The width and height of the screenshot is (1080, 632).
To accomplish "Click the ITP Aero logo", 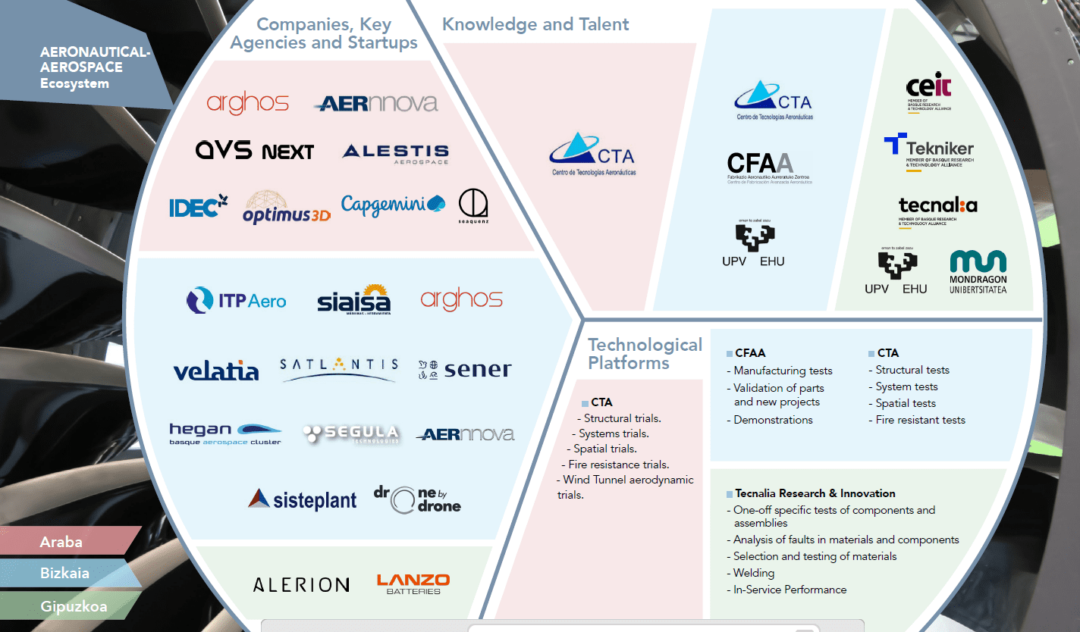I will (x=236, y=301).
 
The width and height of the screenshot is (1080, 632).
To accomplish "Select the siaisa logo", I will (x=353, y=301).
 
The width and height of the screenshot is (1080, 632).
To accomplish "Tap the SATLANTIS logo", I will (x=338, y=370).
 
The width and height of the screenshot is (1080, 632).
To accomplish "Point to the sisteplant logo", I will (x=302, y=499).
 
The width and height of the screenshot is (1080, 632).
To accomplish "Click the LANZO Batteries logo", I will (x=413, y=584).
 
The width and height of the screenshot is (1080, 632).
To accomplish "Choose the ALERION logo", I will (x=301, y=585).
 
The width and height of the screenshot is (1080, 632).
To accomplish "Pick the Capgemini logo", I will (x=393, y=205).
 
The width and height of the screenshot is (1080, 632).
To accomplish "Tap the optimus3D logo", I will (x=286, y=208).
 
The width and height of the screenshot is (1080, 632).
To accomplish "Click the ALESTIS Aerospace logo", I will (x=395, y=154).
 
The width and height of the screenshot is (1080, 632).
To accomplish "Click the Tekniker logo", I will (x=929, y=151).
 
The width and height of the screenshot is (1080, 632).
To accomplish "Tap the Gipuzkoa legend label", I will (x=74, y=606).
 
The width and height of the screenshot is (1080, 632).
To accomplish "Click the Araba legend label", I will (x=61, y=542).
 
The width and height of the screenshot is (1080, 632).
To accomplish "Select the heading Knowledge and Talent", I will (x=535, y=24).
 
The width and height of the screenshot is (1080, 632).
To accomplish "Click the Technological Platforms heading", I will (x=645, y=354).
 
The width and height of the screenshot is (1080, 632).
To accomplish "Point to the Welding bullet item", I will (x=753, y=573).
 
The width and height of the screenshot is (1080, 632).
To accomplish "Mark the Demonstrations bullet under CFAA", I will (x=772, y=420).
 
